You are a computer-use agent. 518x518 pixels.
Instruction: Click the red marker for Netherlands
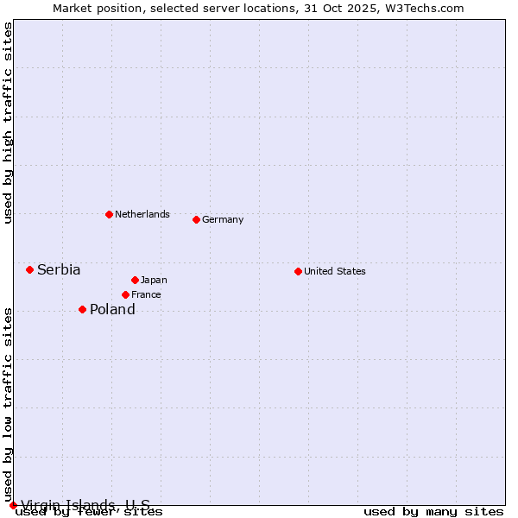click(x=109, y=214)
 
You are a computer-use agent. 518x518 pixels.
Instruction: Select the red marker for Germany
click(x=196, y=219)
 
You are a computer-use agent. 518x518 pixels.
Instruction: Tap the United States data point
click(x=298, y=271)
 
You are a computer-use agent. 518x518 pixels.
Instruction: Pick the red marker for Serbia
click(x=29, y=269)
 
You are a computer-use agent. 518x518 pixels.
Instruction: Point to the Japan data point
click(x=135, y=280)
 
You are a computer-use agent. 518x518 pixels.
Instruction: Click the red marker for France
click(x=125, y=294)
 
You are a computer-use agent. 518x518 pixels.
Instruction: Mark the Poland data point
click(x=82, y=309)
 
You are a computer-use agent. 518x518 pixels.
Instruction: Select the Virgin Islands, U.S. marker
click(x=13, y=505)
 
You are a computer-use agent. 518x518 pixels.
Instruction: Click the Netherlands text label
click(x=142, y=214)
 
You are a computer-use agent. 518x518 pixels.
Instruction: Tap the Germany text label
click(x=223, y=219)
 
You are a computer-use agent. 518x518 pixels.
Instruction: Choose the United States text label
click(x=335, y=271)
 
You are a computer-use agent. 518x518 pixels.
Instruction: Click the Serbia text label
click(x=59, y=269)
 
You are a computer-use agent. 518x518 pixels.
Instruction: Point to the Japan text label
click(x=154, y=280)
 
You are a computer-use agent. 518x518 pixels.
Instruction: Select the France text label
click(x=146, y=294)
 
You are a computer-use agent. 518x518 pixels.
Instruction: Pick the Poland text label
click(x=112, y=309)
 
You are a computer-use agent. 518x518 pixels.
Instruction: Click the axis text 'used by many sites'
click(x=433, y=512)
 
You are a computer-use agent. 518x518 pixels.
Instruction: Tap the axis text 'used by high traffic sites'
click(x=8, y=123)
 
